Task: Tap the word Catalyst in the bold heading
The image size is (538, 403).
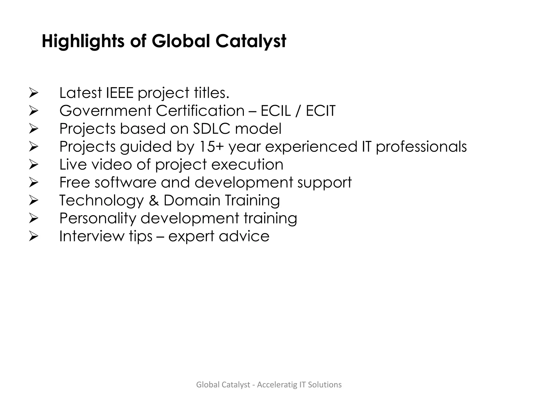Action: click(x=251, y=41)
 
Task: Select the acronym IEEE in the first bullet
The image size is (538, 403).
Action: click(x=120, y=93)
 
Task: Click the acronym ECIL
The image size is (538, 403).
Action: click(x=276, y=111)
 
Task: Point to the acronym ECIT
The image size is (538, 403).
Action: click(x=320, y=111)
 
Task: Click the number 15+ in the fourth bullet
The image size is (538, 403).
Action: click(x=211, y=146)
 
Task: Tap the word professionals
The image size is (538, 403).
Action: click(x=421, y=147)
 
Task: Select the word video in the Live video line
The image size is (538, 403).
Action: click(x=112, y=165)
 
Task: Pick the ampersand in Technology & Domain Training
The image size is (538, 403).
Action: click(x=154, y=200)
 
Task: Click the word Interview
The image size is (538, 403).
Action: click(x=92, y=236)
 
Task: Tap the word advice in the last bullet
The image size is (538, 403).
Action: click(x=244, y=236)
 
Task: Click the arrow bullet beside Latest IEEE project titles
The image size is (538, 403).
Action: click(x=34, y=93)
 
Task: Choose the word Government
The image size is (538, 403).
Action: click(x=105, y=111)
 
